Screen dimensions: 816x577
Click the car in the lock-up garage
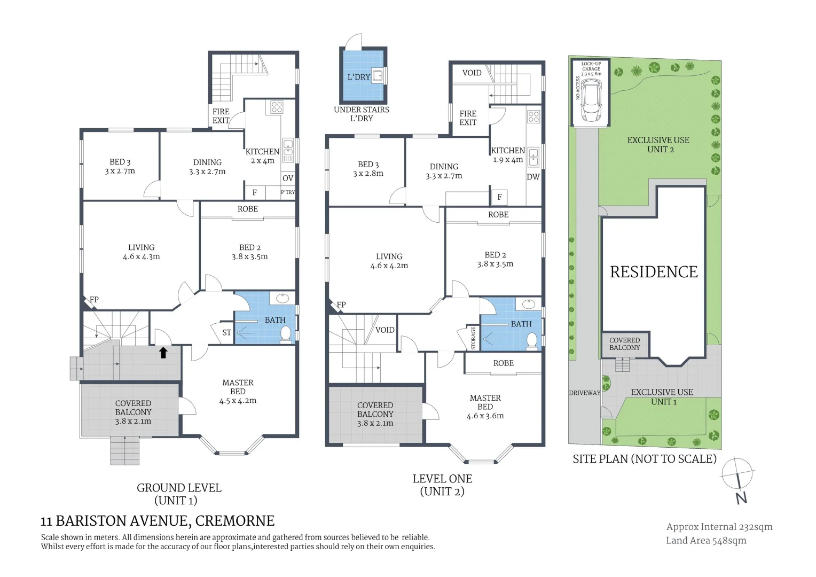pos(590,100)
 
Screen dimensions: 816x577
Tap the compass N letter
pos(741,498)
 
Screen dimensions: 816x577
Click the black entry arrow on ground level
pos(163,353)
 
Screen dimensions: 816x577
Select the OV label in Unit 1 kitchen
pos(288,178)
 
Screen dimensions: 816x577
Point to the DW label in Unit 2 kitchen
pos(533,177)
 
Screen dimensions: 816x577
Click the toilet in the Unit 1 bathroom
pos(286,334)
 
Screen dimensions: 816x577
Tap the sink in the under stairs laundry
pos(378,76)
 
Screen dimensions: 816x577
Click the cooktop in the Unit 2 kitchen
pos(533,116)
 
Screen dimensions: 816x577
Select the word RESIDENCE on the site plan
pos(654,272)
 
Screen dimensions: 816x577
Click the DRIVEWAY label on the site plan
pos(585,393)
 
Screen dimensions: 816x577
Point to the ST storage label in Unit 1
pos(226,332)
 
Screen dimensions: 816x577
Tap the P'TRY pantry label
pos(288,192)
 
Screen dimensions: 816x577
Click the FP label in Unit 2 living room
pos(341,305)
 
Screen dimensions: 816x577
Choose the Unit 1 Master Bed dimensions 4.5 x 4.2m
pos(238,401)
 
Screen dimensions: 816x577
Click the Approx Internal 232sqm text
pos(719,527)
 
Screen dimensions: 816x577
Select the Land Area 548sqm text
pos(706,541)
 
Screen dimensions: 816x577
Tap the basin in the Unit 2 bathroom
pos(529,303)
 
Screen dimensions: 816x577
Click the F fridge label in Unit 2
pos(499,197)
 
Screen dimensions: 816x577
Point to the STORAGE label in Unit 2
pos(473,338)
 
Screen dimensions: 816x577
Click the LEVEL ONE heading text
pos(442,479)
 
